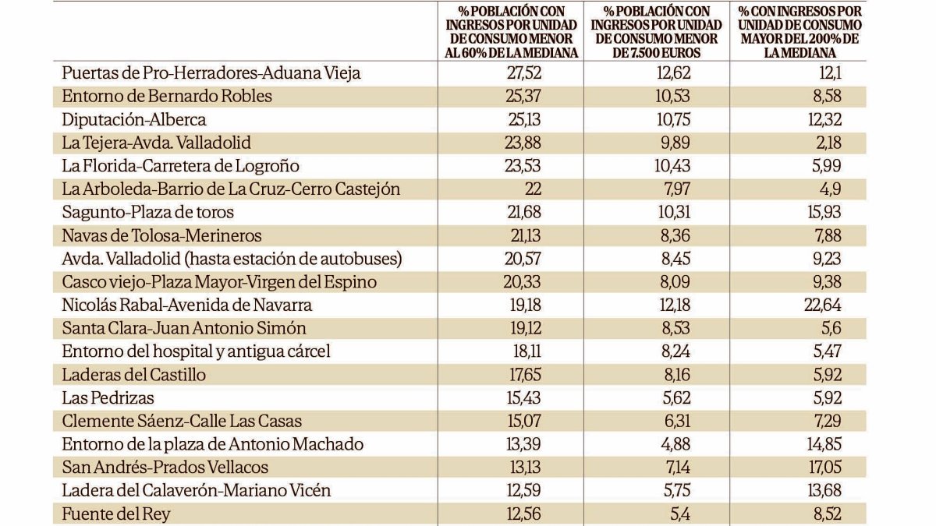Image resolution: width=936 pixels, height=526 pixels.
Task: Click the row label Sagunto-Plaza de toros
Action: click(147, 212)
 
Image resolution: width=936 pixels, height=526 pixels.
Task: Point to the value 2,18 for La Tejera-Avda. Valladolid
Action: click(826, 143)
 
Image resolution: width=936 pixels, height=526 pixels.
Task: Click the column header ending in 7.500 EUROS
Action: click(657, 32)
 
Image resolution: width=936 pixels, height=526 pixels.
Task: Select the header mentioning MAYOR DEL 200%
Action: click(800, 32)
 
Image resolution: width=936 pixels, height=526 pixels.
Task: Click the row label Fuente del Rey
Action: click(115, 514)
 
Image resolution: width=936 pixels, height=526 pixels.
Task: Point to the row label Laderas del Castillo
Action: click(133, 375)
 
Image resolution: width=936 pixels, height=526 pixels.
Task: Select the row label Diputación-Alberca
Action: click(133, 119)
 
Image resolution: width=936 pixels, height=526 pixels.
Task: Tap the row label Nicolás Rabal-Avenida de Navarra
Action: click(186, 305)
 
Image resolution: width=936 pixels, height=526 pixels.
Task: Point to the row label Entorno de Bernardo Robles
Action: click(167, 97)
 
